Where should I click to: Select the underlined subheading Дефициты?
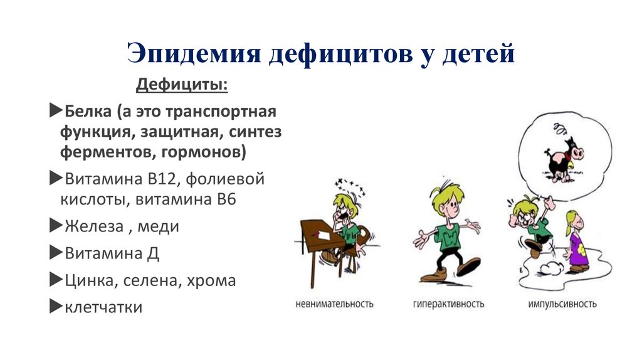click(x=182, y=84)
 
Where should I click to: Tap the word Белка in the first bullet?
click(x=87, y=112)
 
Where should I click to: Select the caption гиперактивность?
click(x=448, y=304)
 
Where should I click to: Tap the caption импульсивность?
click(x=562, y=304)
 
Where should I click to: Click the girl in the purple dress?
click(x=575, y=241)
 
